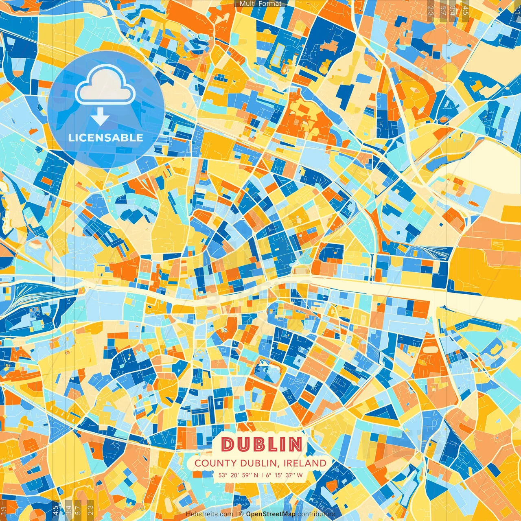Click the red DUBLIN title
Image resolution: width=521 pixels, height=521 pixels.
coord(262,444)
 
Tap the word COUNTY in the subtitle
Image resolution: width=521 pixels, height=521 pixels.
coord(215,463)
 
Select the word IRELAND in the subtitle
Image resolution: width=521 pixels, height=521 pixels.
coord(305,463)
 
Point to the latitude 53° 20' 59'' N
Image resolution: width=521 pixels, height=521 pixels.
coord(238,475)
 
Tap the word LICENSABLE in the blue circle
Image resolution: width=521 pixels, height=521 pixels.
coord(106,138)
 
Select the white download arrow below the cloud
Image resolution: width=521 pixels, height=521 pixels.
coord(100,117)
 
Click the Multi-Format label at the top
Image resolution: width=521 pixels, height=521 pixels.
coord(260,4)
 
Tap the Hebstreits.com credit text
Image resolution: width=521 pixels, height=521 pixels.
coord(209,514)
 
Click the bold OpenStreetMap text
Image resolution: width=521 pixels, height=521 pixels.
coord(271,514)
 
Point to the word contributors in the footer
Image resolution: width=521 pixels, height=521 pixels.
coord(316,514)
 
